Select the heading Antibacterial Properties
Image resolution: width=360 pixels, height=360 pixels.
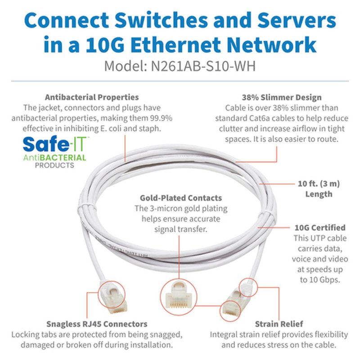pyautogui.click(x=92, y=97)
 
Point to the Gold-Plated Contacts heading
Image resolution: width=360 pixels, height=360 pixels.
pyautogui.click(x=180, y=198)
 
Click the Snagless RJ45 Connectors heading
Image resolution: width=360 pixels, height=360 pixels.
pyautogui.click(x=97, y=324)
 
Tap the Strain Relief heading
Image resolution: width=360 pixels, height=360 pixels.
pyautogui.click(x=279, y=324)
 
